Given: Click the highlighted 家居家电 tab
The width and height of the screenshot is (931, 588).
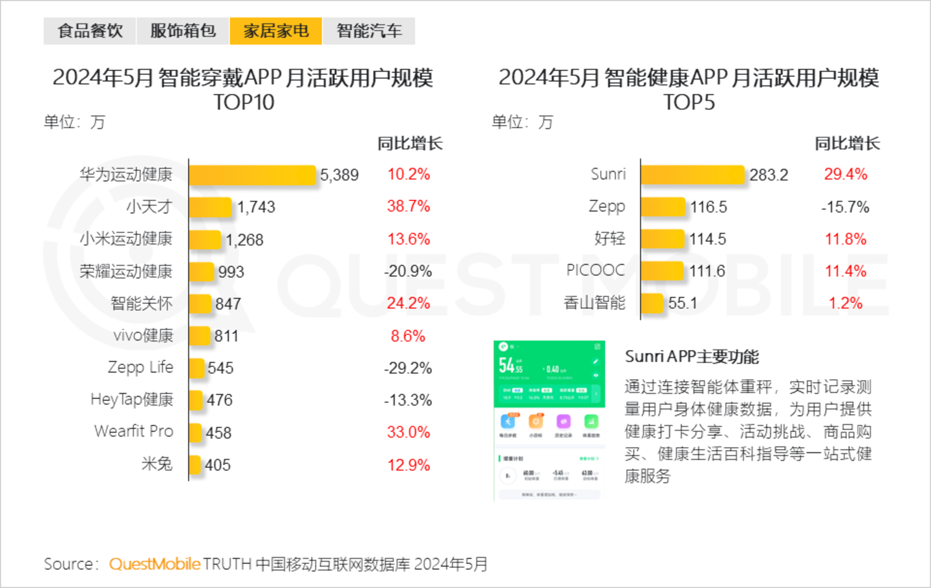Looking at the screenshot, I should [276, 31].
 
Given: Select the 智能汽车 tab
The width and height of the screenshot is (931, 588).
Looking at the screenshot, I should [369, 31].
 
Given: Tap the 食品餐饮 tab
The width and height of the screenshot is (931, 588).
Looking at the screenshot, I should [90, 31].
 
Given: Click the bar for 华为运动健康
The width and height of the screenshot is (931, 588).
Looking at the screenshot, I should [253, 175].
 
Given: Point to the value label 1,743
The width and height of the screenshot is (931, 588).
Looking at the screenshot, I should [256, 207].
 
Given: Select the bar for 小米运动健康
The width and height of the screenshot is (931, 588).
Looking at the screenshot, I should [205, 239].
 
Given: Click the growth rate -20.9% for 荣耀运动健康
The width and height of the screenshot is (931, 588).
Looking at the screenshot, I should [408, 271].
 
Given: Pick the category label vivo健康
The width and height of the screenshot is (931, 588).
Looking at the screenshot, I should [143, 336].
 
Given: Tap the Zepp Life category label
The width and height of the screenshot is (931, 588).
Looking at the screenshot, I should [140, 367].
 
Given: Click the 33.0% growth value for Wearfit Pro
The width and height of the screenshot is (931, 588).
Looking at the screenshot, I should [408, 432].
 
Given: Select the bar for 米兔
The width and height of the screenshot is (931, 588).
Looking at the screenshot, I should [195, 464].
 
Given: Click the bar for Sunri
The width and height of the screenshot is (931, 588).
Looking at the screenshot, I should [692, 175].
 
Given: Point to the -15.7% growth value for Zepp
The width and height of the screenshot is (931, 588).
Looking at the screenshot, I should [845, 207].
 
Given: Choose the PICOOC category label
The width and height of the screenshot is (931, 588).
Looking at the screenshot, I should [595, 270].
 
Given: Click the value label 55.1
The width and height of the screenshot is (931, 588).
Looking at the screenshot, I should [683, 303].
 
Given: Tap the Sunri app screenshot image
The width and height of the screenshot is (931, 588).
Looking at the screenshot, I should [550, 420].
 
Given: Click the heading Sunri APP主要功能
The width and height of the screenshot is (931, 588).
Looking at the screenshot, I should [692, 356].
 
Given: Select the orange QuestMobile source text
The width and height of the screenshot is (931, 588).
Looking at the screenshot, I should [155, 564].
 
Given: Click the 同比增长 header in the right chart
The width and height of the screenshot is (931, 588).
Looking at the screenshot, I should [847, 144].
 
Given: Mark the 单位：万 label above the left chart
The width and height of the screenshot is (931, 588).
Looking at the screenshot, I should [74, 122].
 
